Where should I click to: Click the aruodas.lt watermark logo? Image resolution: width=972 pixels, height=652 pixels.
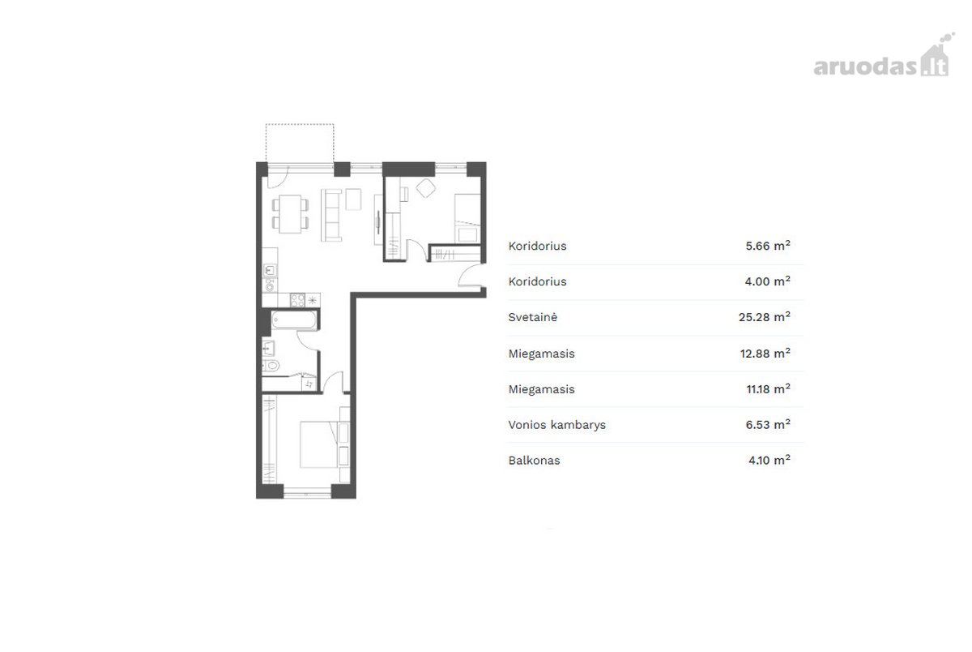click(884, 56)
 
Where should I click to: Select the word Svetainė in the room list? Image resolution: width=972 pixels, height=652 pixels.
click(532, 317)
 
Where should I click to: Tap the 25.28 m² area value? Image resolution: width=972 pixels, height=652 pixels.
click(765, 316)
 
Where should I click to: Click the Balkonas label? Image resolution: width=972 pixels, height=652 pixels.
click(534, 461)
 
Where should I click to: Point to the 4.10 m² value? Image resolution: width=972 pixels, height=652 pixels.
click(769, 460)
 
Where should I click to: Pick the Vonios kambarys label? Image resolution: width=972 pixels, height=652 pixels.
click(556, 425)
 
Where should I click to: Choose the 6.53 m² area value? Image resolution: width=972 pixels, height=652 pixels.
click(768, 424)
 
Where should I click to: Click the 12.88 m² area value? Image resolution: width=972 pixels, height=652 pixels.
click(765, 353)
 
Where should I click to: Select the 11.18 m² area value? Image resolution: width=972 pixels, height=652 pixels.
click(769, 388)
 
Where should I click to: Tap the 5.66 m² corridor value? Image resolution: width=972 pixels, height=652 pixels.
click(768, 246)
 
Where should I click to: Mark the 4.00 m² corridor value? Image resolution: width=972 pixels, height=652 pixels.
click(768, 281)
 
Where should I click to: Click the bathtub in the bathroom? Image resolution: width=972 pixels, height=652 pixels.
click(294, 320)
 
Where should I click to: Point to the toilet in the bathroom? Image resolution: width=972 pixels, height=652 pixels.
click(271, 366)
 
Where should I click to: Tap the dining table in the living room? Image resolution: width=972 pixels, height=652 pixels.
click(290, 214)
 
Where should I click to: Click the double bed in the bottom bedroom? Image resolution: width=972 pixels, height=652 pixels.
click(319, 444)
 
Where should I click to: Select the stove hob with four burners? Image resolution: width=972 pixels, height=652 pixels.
click(298, 300)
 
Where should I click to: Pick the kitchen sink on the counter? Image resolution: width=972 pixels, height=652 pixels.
click(270, 271)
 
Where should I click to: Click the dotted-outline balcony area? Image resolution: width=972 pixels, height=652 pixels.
click(300, 143)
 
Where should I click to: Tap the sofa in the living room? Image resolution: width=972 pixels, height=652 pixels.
click(331, 215)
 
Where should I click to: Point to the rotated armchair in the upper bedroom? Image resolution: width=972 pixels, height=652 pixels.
click(426, 188)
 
